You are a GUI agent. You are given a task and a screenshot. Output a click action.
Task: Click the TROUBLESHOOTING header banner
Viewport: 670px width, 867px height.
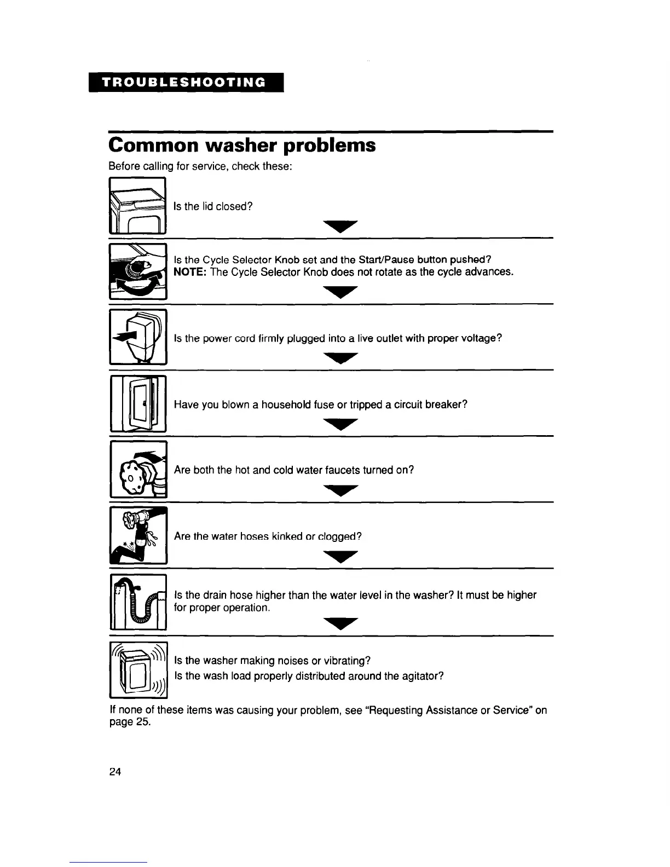point(186,82)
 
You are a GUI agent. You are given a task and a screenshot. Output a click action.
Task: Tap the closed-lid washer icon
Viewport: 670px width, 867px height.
point(137,206)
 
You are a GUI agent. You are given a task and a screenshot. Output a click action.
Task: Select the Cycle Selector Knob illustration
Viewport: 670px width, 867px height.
point(138,271)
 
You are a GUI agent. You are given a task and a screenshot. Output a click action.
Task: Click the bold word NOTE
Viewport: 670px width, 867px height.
point(189,272)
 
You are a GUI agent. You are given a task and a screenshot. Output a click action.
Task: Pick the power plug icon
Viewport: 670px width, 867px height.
point(138,337)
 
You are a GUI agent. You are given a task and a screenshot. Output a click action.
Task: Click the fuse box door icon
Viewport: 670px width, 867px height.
point(138,403)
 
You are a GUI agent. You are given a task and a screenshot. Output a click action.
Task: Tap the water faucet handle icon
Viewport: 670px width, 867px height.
point(138,470)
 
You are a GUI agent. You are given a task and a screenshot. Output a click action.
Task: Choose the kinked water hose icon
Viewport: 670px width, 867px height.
point(138,535)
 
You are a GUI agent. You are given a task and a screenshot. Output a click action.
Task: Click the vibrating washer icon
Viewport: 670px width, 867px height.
point(138,669)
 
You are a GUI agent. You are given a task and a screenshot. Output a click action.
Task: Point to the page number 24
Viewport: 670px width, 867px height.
point(115,772)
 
